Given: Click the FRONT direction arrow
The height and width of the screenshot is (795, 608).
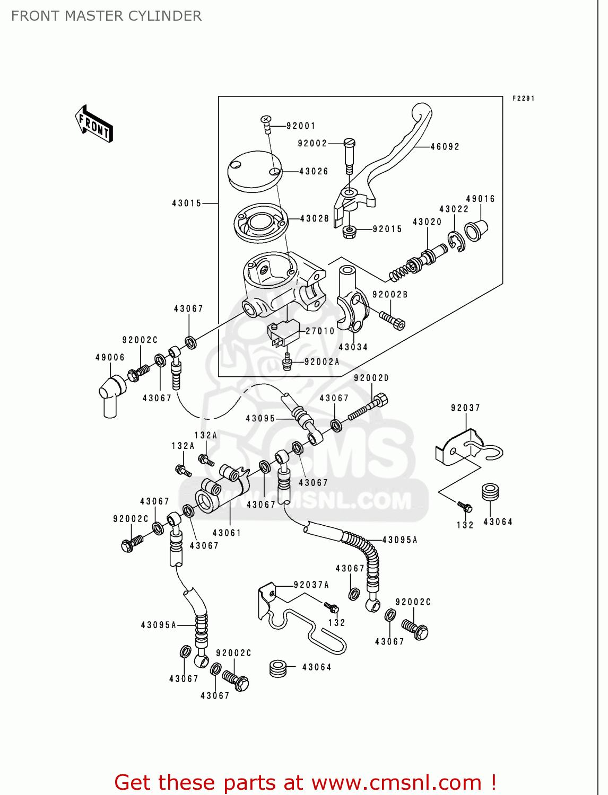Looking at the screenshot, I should click(x=94, y=124).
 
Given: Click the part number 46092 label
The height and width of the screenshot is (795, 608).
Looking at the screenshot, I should click(x=445, y=147).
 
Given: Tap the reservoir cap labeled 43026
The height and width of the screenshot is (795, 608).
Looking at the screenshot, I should click(x=255, y=170).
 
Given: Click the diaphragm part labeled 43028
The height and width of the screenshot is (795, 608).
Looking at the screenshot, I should click(x=261, y=223).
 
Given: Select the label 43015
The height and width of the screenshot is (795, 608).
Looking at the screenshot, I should click(x=187, y=204).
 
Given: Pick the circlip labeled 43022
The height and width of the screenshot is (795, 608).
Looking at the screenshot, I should click(x=456, y=242).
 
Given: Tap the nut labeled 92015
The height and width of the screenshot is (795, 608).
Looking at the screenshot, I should click(x=349, y=231).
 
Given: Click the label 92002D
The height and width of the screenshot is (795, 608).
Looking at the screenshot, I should click(x=371, y=378).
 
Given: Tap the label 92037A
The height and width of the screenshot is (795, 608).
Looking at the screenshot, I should click(x=311, y=585).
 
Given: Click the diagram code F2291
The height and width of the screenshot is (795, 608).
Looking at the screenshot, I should click(x=523, y=99).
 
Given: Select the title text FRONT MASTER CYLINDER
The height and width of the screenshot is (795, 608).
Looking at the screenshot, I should click(x=106, y=16).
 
